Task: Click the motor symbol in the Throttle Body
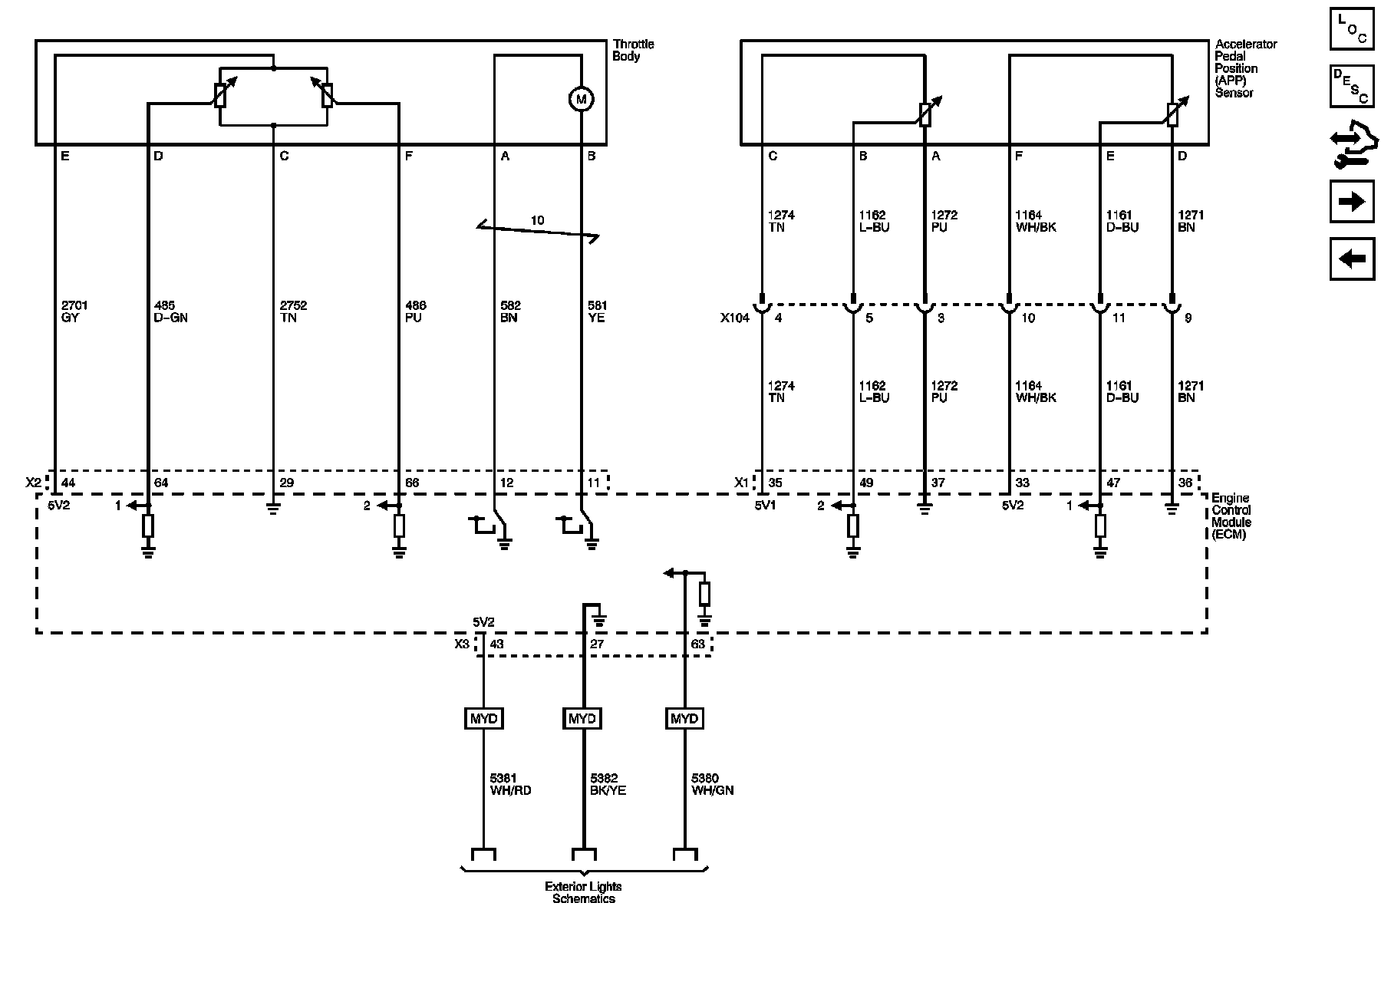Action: click(x=581, y=99)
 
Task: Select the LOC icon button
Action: click(x=1351, y=30)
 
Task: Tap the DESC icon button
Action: click(x=1351, y=86)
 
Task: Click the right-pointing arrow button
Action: click(x=1351, y=202)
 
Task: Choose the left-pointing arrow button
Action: click(x=1351, y=259)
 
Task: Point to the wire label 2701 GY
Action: click(x=75, y=311)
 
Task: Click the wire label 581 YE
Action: click(x=597, y=311)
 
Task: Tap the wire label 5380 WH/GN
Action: click(x=712, y=784)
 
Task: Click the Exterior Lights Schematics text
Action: click(x=583, y=892)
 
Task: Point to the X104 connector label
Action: click(x=734, y=318)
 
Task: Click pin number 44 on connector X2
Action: click(x=68, y=483)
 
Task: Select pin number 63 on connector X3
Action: click(x=697, y=644)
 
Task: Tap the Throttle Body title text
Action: click(x=633, y=51)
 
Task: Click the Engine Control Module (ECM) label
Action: click(x=1231, y=516)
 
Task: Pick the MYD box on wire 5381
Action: click(x=484, y=719)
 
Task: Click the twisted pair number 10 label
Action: click(x=537, y=221)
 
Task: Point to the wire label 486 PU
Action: click(x=415, y=311)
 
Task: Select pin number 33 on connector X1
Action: click(x=1022, y=483)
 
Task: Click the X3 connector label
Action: click(x=461, y=644)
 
